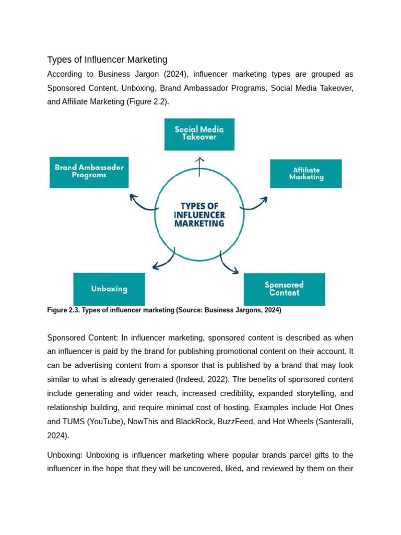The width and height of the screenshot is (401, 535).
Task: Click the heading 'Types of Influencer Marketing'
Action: pyautogui.click(x=107, y=60)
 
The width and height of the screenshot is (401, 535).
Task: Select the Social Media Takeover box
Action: pyautogui.click(x=199, y=134)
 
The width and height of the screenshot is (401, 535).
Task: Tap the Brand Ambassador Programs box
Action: pyautogui.click(x=89, y=172)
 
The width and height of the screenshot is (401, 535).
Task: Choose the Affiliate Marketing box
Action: pyautogui.click(x=305, y=173)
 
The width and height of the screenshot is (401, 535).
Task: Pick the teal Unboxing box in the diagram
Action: pyautogui.click(x=109, y=288)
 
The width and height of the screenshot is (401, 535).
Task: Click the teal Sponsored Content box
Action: pyautogui.click(x=284, y=289)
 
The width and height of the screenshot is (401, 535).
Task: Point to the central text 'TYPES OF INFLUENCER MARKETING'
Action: pyautogui.click(x=199, y=215)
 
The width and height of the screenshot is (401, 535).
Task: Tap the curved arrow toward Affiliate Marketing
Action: pyautogui.click(x=255, y=203)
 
